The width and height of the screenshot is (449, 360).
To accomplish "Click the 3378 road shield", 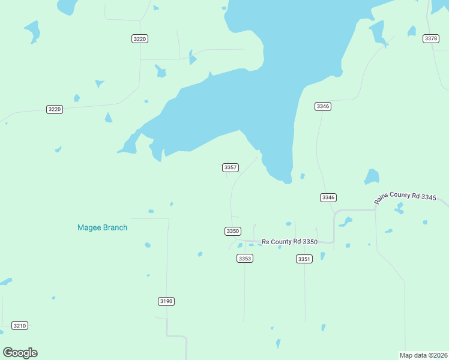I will (x=431, y=38).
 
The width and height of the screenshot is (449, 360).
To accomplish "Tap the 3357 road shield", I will (x=231, y=167).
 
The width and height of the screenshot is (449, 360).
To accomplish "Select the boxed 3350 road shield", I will (x=233, y=231).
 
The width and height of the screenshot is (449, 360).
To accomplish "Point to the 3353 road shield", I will (x=245, y=258).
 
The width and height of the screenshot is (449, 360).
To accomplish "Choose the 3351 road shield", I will (x=304, y=259).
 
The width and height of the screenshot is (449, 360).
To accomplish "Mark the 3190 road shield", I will (x=166, y=301).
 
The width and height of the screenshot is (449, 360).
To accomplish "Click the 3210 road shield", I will (x=20, y=326).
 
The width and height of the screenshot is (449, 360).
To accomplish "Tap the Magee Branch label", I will (x=102, y=227).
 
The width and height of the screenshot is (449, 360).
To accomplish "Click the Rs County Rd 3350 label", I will (x=289, y=241).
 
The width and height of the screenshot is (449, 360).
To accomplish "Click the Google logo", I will (x=20, y=352).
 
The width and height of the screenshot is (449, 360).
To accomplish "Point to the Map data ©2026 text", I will (x=423, y=355).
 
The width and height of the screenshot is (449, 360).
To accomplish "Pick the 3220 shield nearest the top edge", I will (x=139, y=38).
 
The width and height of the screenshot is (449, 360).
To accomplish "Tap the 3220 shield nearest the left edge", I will (x=55, y=109).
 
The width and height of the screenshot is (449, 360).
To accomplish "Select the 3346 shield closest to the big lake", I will (x=323, y=106).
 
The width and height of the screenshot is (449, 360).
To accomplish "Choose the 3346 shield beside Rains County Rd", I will (x=328, y=197).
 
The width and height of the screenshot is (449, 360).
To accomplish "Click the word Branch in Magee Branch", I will (x=115, y=227).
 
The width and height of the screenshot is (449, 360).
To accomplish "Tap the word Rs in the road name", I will (x=265, y=242).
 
